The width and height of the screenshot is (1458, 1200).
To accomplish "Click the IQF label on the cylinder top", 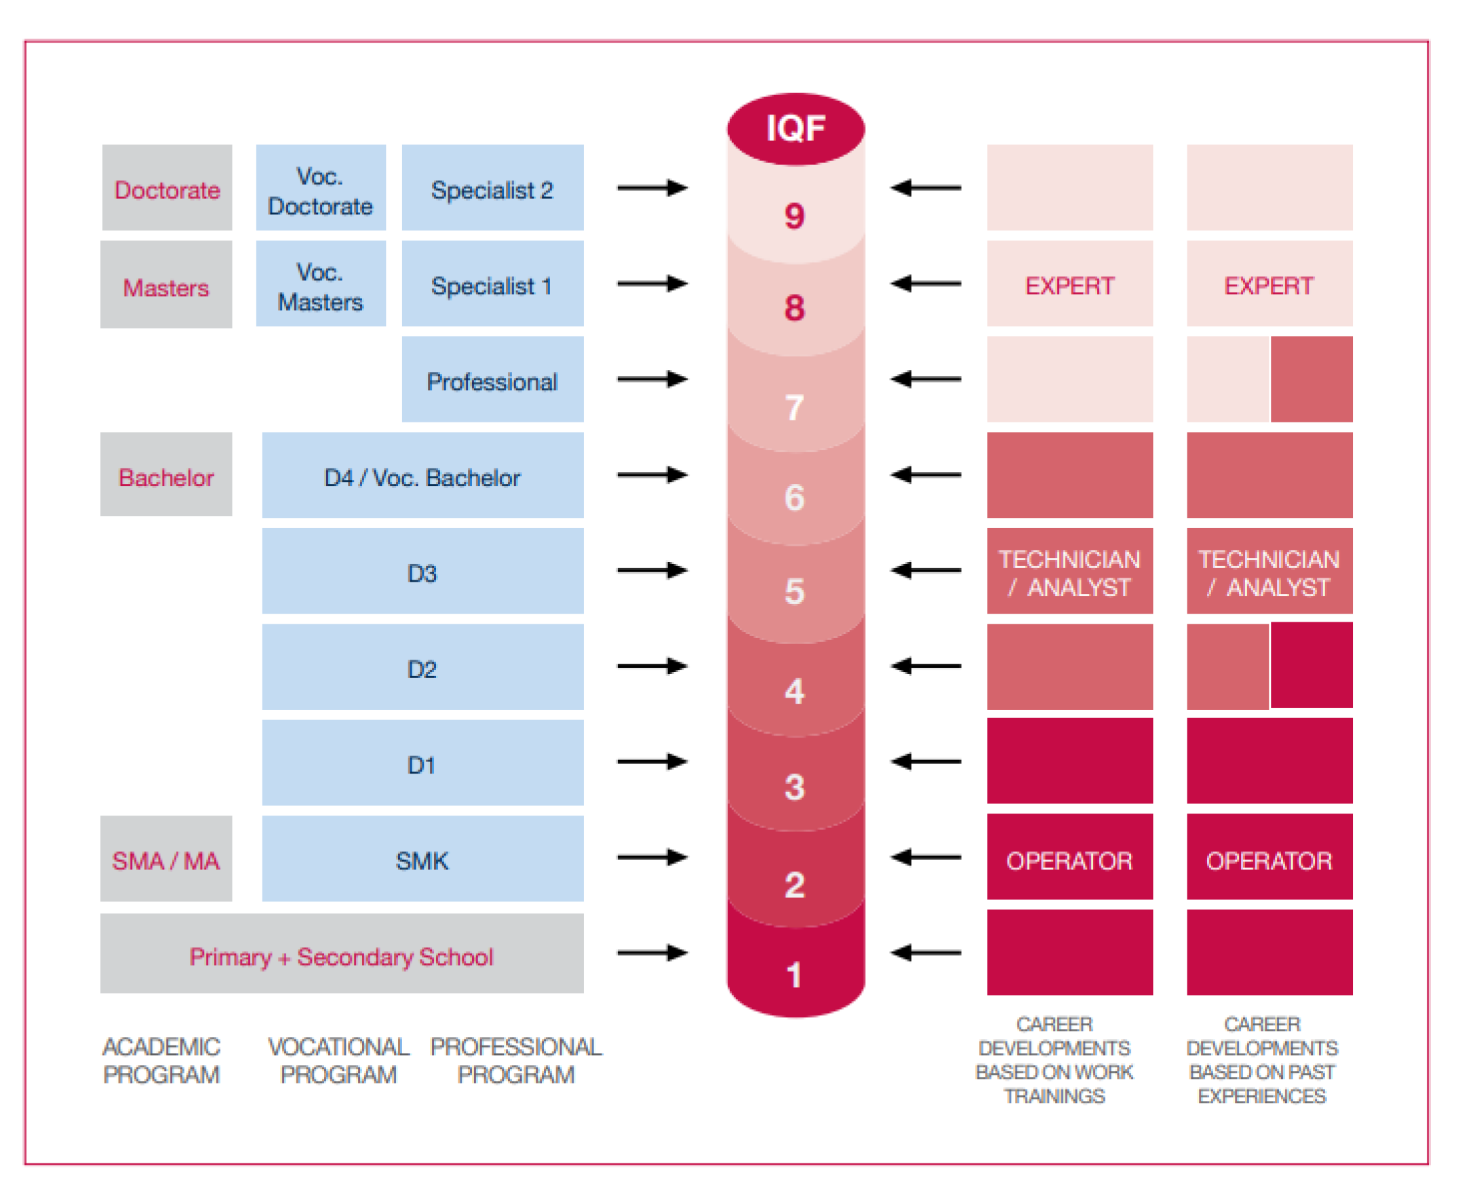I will pos(795,129).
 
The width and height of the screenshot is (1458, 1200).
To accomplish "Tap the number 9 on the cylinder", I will pos(794,216).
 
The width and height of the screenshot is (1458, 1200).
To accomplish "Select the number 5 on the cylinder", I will pos(794,592).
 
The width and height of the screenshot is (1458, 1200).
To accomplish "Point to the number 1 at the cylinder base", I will pos(794,975).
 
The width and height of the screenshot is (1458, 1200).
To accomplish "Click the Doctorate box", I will pos(167,188).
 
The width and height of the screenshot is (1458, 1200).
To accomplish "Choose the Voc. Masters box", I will pos(320,285).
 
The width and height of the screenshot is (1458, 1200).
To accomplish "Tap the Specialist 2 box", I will pos(492,188).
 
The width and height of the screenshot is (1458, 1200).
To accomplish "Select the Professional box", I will pos(492,381).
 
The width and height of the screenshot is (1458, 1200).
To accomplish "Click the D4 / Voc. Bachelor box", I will pos(422,477).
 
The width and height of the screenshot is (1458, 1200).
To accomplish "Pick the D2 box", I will pos(422,668).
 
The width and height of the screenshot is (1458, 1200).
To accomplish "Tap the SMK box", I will pos(422,860).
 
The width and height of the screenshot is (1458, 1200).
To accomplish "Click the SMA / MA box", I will pos(166,860).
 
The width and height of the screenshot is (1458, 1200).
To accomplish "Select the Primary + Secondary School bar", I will pos(342,956).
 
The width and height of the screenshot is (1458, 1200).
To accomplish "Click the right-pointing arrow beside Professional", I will pos(652,379).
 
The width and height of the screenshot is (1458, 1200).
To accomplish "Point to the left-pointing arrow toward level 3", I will pos(926,762).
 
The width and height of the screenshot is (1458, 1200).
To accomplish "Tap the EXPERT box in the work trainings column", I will pos(1069,285).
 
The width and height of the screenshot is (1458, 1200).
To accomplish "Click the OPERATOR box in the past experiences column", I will pos(1269,860).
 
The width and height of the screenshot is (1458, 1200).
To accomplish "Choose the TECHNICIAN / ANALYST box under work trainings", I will pos(1069,572).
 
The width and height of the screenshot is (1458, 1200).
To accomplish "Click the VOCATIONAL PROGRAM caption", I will pos(339,1060).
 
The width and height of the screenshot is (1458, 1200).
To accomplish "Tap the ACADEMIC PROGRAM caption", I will pos(161,1060).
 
